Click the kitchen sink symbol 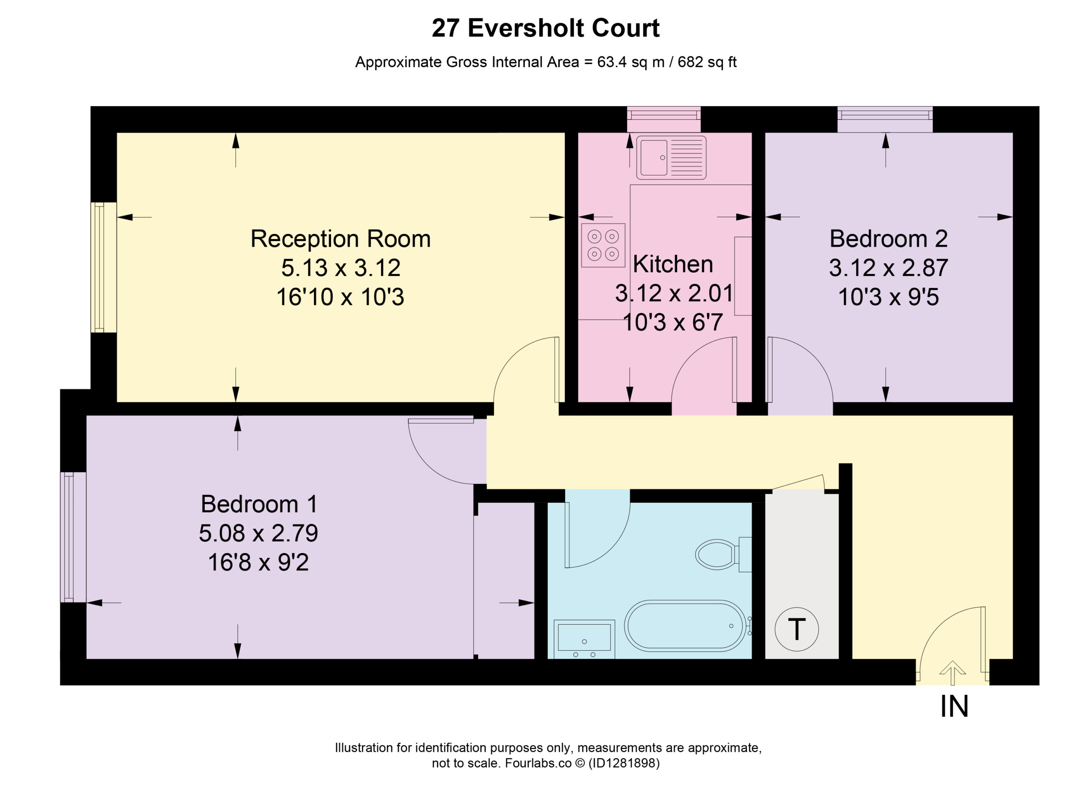tap(671, 157)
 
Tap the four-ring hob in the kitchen tap(603, 245)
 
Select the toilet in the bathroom tap(723, 554)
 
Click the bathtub tap(685, 626)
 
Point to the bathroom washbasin tap(584, 639)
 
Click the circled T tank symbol tap(796, 629)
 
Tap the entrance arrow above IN tap(953, 673)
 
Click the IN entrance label tap(954, 707)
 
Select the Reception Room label tap(340, 239)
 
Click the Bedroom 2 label tap(889, 239)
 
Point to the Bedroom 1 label tap(259, 504)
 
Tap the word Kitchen tap(673, 264)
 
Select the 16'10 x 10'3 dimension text tap(340, 297)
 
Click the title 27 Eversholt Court tap(546, 28)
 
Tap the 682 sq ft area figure tap(707, 62)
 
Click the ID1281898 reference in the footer tap(624, 763)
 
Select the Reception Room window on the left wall tap(104, 267)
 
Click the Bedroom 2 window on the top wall tap(885, 119)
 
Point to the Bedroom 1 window tap(73, 537)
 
